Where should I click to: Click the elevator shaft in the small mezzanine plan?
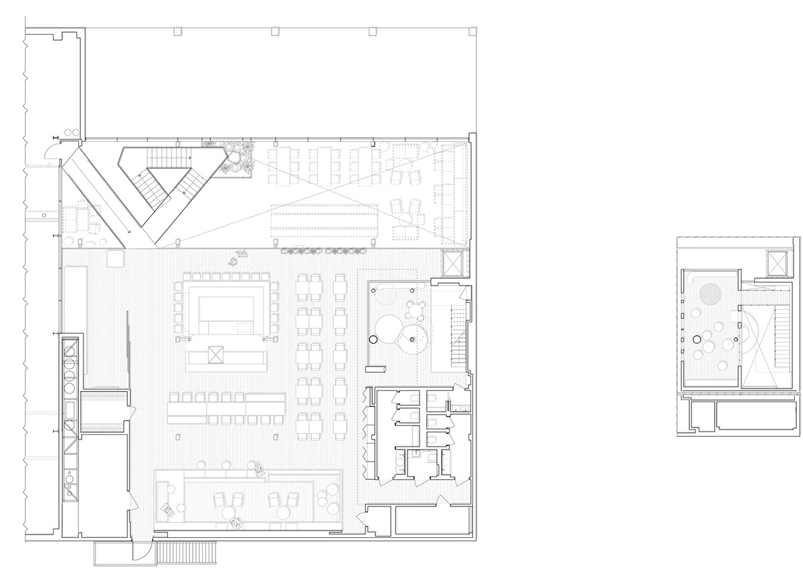point(778,264)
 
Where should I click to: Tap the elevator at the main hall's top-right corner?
point(453,262)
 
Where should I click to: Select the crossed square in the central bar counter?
point(215,354)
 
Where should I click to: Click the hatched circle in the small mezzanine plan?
point(710,293)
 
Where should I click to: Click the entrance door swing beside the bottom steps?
point(141,551)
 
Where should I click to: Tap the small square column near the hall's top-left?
point(118,258)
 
